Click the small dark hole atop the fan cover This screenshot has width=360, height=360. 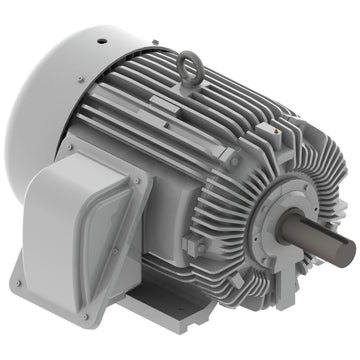(100, 42)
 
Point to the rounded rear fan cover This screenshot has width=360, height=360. (60, 100)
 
